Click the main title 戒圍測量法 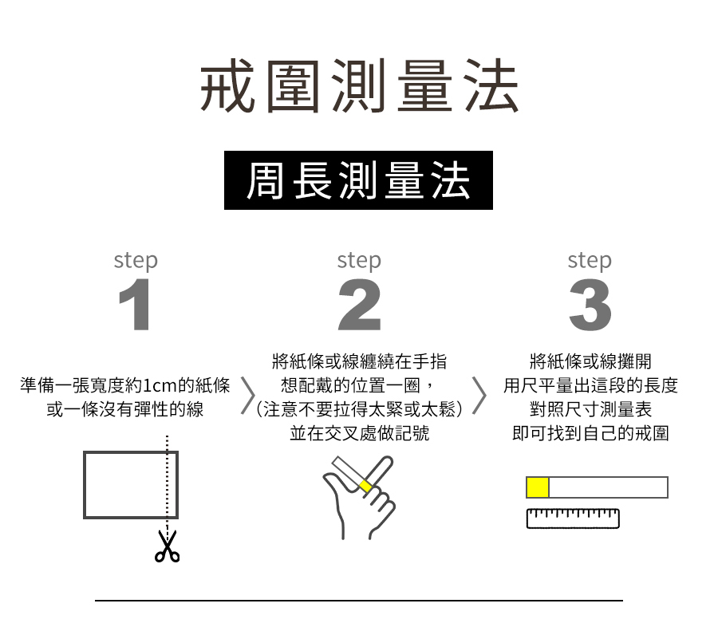(x=359, y=85)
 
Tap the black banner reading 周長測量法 (x=358, y=180)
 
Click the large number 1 (x=135, y=305)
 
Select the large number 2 (x=360, y=305)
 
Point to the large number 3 (x=590, y=305)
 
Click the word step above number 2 (x=359, y=261)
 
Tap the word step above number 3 (x=590, y=261)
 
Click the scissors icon (x=168, y=546)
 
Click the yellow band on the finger (x=365, y=486)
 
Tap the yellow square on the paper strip (x=538, y=487)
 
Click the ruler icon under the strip (x=573, y=519)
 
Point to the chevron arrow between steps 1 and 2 (x=248, y=396)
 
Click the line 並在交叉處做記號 (x=360, y=433)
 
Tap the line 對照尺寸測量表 (x=590, y=409)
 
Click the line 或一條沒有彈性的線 (x=125, y=409)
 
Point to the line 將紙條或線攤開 (x=590, y=361)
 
